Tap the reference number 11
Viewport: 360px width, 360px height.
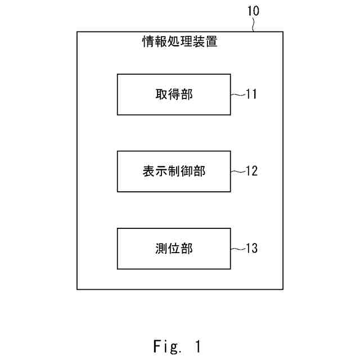point(251,94)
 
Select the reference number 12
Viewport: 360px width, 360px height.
point(251,171)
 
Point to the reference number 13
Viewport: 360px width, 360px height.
point(251,248)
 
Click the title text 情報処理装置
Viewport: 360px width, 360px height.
point(179,42)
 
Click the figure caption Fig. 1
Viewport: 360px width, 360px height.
point(177,346)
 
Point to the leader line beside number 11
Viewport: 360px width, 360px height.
point(237,94)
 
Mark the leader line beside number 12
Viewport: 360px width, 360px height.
point(237,171)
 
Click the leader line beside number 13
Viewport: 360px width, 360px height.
point(237,248)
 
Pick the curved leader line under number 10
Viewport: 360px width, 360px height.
point(255,25)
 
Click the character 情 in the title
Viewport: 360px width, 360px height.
point(148,42)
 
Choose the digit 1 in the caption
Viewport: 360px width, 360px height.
point(197,346)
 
